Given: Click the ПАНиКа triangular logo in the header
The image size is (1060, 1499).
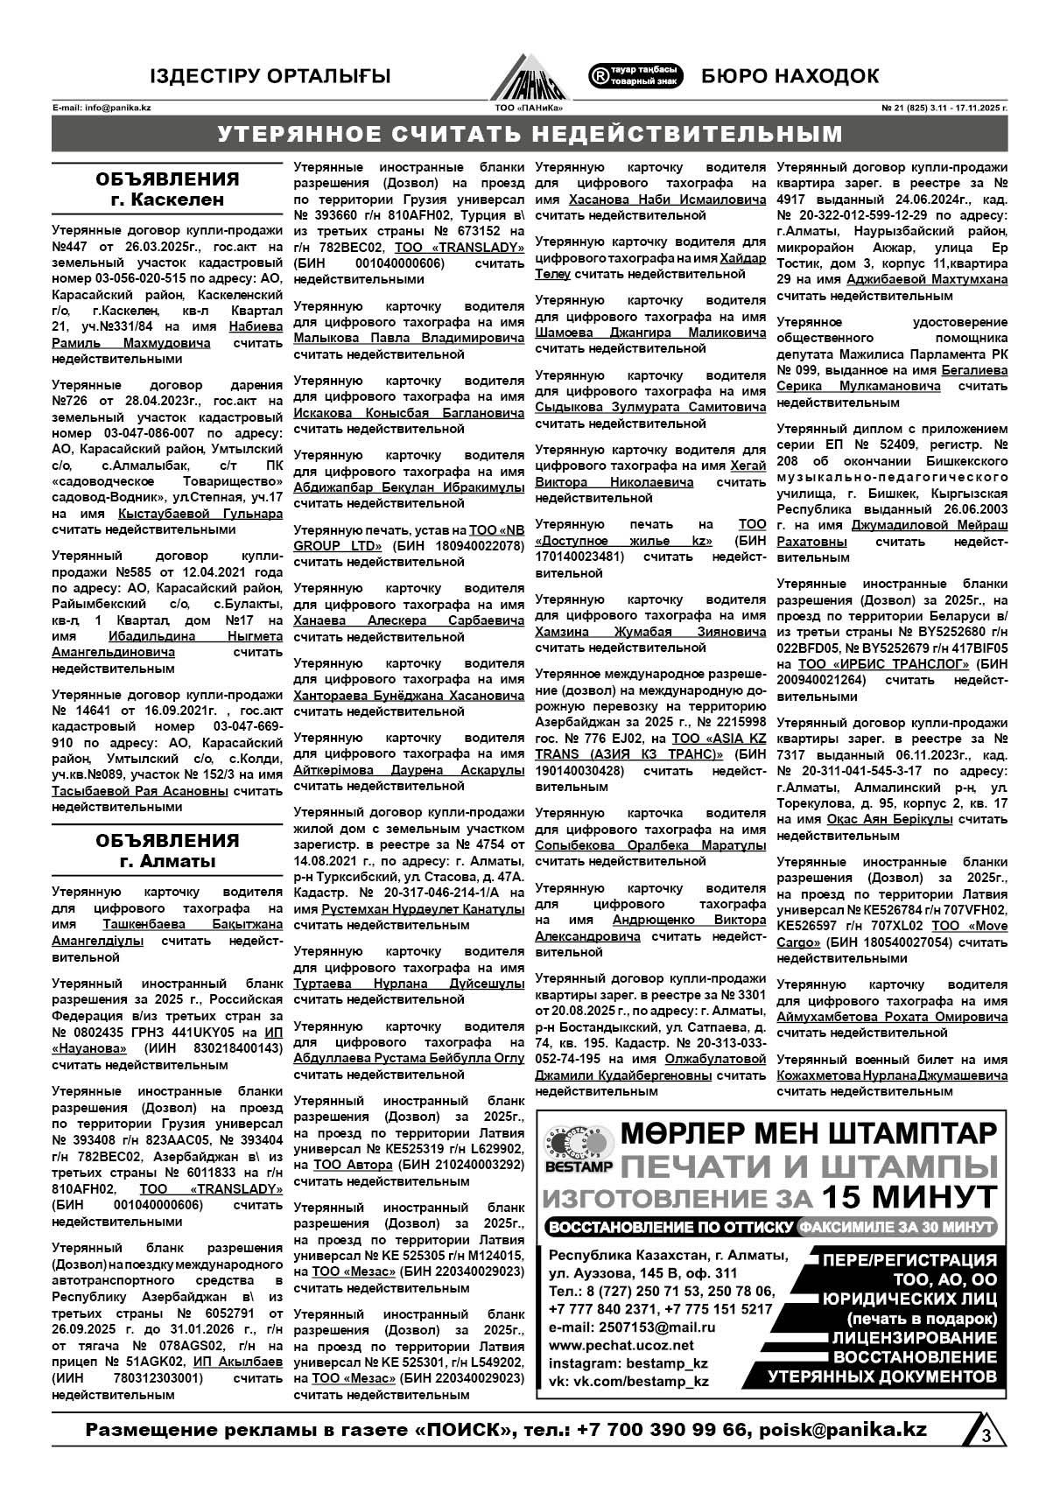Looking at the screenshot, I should pyautogui.click(x=529, y=78).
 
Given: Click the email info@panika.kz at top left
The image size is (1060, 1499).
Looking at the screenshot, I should pyautogui.click(x=102, y=108).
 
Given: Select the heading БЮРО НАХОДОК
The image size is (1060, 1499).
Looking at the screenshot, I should pyautogui.click(x=790, y=76).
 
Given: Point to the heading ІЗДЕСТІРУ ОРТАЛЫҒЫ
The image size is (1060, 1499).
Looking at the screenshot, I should pyautogui.click(x=270, y=77).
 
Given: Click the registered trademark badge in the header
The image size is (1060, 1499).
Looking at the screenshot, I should pyautogui.click(x=635, y=75).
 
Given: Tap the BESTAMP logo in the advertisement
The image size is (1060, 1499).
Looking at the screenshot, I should pyautogui.click(x=579, y=1149).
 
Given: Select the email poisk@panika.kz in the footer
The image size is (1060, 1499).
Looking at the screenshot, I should pyautogui.click(x=843, y=1430).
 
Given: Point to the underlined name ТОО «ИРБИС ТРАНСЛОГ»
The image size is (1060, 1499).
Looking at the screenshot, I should pyautogui.click(x=884, y=664).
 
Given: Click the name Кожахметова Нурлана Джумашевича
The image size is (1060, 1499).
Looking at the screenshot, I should pyautogui.click(x=892, y=1075).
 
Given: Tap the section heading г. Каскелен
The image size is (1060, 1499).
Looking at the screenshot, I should pyautogui.click(x=167, y=200).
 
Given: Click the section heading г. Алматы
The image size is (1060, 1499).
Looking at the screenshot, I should pyautogui.click(x=167, y=861).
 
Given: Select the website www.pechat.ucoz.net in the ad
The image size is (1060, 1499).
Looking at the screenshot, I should pyautogui.click(x=621, y=1345).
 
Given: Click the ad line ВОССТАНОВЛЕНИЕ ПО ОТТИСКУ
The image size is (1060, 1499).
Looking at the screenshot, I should pyautogui.click(x=670, y=1227).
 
